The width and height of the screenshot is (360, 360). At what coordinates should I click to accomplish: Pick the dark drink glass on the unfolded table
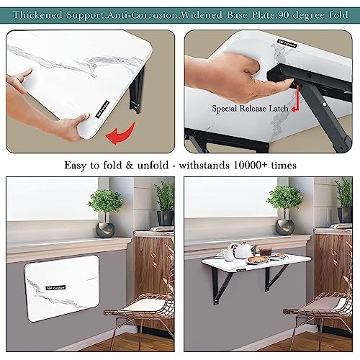(266, 252)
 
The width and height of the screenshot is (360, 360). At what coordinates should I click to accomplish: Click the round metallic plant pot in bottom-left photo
(106, 229)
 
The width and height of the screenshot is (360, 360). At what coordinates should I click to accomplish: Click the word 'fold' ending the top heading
(340, 14)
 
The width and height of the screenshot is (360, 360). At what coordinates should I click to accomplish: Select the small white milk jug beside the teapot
(228, 253)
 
